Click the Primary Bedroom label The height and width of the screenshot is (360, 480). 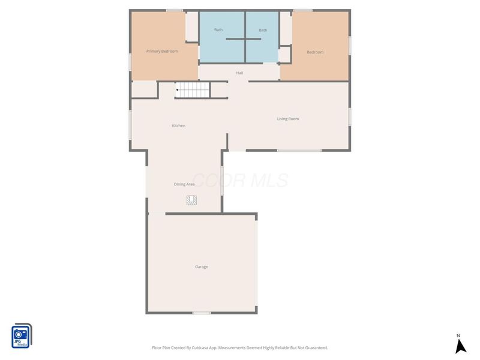pos(162,52)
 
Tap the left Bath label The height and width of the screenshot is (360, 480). pos(218,30)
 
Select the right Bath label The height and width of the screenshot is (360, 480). pos(263,30)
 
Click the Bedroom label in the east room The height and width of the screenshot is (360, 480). pos(315,52)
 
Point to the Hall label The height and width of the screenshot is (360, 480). pos(239,73)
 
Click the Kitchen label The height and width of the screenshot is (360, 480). pos(178,126)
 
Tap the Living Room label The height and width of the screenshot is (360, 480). pos(287,119)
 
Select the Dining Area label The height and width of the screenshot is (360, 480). pos(184,184)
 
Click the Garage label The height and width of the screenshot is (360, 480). pos(201,267)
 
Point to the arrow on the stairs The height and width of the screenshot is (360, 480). pos(178,90)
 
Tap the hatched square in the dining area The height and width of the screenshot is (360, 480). pos(191,200)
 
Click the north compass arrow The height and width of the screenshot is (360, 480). pos(460,346)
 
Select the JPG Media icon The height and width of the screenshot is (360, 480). pos(22,336)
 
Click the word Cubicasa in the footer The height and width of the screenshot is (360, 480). pos(203,348)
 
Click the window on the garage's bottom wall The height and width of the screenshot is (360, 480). pos(202,313)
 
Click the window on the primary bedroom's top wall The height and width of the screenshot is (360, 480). pos(174,10)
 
